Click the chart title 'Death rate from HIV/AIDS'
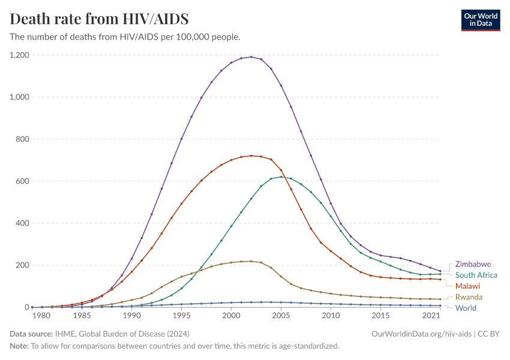pos(100,19)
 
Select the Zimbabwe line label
pos(473,264)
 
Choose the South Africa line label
pos(476,275)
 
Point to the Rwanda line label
pos(469,297)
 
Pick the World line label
pos(466,308)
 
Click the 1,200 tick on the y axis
pos(19,55)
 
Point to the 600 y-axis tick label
pos(23,181)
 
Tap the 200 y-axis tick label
pos(23,265)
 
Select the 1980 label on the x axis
pos(41,316)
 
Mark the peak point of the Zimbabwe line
pos(251,56)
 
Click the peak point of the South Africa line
pos(281,176)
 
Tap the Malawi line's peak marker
pos(251,155)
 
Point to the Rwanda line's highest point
pos(251,261)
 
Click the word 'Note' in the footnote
pos(19,346)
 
